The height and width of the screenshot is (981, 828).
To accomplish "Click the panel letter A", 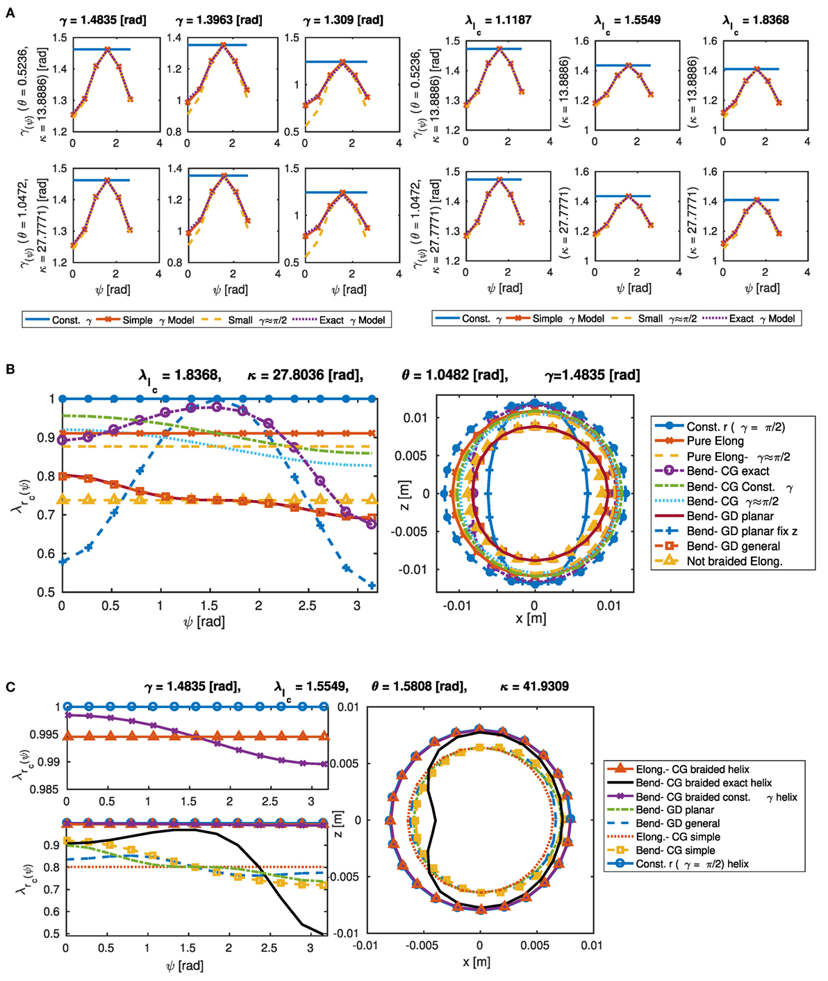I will [10, 13].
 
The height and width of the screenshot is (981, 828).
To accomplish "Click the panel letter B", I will [10, 369].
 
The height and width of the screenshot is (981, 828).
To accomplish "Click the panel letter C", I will [10, 687].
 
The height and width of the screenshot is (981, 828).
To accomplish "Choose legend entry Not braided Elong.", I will [734, 561].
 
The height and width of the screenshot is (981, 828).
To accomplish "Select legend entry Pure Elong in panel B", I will [715, 441].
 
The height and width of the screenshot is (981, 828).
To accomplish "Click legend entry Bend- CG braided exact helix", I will [704, 783].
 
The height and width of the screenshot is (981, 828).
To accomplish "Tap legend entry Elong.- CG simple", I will [677, 837].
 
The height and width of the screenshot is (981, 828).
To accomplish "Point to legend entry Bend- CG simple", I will [675, 850].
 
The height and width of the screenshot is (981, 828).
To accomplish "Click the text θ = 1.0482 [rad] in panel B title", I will [454, 375].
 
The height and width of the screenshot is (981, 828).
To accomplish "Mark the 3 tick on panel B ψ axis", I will [357, 606].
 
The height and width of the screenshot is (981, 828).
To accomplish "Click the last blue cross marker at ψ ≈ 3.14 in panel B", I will [372, 586].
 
